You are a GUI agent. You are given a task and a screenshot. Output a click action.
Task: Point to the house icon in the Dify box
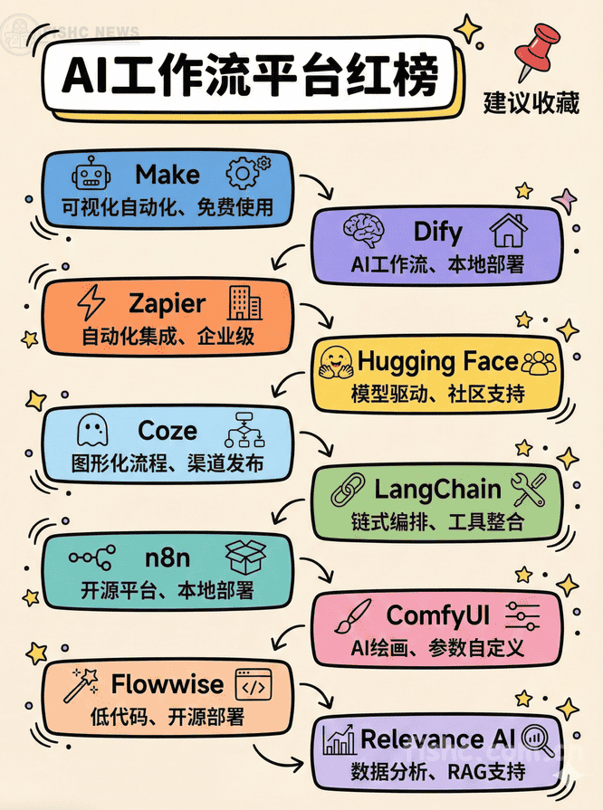(x=508, y=233)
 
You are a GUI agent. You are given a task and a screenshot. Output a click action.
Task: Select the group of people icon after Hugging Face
(x=541, y=363)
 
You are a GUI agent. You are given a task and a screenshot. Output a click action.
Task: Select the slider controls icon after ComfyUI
(x=522, y=617)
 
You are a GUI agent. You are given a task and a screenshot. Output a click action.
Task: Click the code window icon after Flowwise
(x=255, y=685)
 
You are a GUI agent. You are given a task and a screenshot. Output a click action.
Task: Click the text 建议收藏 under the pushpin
(x=531, y=104)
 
